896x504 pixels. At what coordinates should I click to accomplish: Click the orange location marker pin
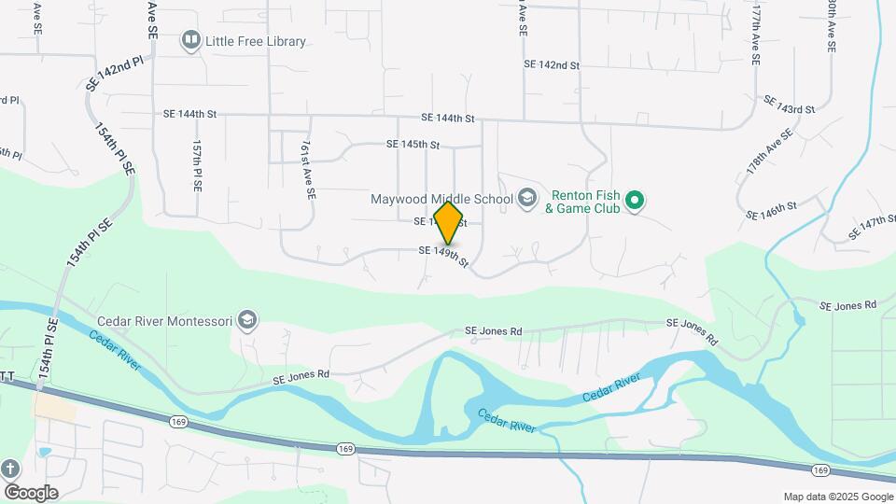pos(448,223)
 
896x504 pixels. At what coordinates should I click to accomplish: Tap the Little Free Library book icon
pos(191,40)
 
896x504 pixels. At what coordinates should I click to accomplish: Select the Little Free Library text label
pos(257,41)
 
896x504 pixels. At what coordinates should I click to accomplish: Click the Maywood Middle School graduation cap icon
pos(527,198)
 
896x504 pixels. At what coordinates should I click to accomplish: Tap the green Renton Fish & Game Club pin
pos(635,201)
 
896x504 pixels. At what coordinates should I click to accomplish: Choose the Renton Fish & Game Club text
pos(585,202)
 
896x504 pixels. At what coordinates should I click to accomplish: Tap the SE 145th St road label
pos(413,145)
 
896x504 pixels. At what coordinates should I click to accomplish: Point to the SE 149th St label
pos(442,254)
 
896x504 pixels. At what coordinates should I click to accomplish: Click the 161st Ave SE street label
pos(308,171)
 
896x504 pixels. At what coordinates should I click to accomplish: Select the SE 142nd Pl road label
pos(115,73)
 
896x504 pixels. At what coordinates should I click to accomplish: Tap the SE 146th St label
pos(771,210)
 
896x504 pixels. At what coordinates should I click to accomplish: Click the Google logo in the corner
pos(31,493)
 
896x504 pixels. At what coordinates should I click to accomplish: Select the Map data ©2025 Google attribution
pos(837,497)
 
